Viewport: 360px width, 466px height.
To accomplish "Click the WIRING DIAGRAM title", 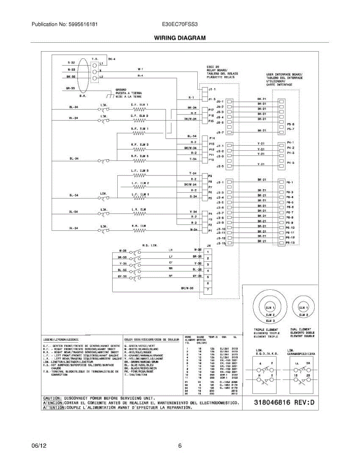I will [x=180, y=38].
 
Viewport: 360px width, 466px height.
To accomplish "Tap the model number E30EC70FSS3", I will [x=180, y=24].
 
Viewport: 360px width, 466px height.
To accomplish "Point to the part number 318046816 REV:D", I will [x=279, y=403].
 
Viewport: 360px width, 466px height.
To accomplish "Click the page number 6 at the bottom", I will [x=180, y=446].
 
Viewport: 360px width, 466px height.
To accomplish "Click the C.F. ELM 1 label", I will [x=139, y=105].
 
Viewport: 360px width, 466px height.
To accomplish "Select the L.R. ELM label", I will [x=139, y=209].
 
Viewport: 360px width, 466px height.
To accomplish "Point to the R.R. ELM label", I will [x=139, y=226].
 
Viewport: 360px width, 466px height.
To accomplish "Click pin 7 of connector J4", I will [x=209, y=290].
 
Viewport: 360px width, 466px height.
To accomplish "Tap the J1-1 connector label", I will [x=212, y=89].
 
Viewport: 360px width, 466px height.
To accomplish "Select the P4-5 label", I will [x=290, y=162].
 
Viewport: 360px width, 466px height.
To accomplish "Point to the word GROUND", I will [x=121, y=89].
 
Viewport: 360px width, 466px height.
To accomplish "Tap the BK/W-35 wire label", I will [x=187, y=288].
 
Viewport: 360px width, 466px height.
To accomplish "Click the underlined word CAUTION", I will [x=52, y=398].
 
